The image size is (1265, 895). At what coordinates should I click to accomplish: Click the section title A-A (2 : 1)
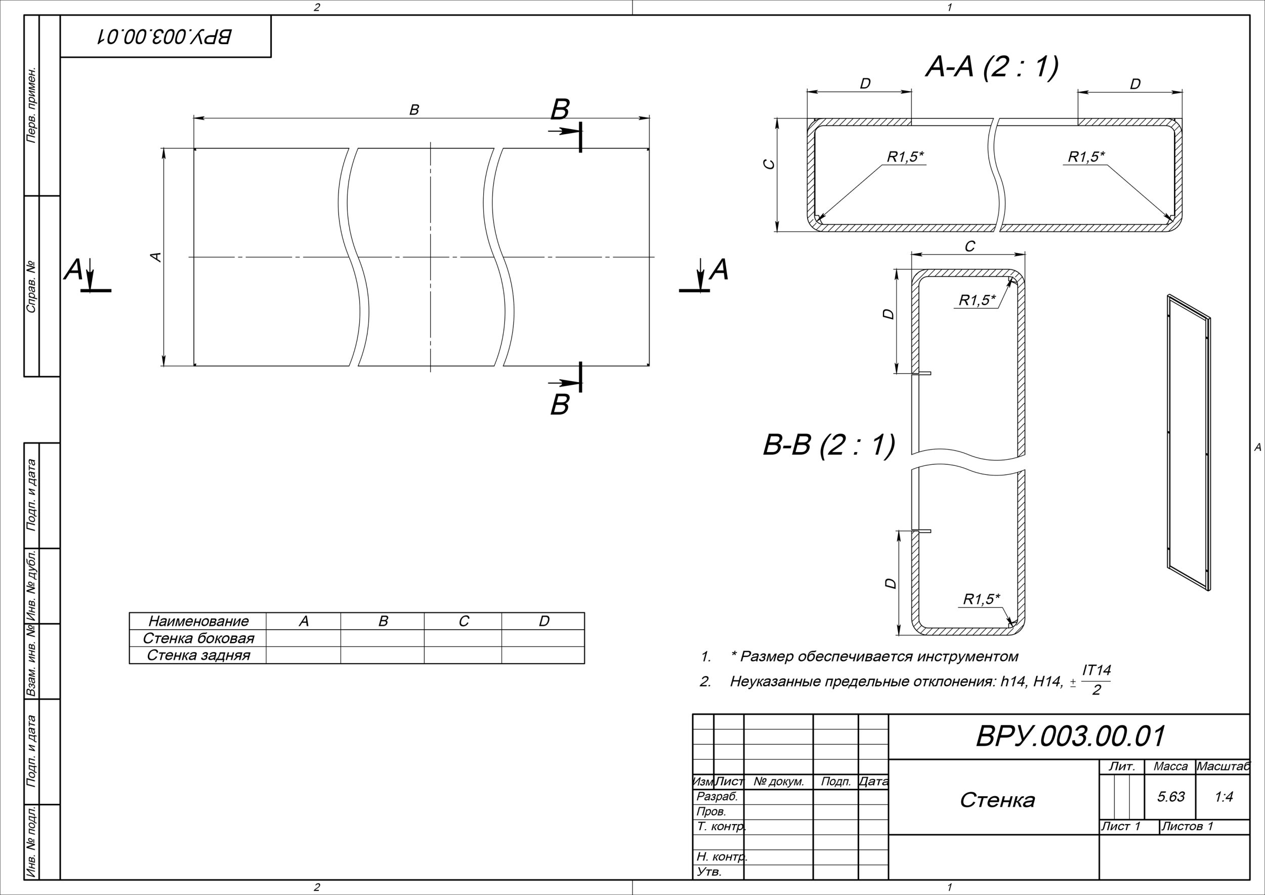[991, 67]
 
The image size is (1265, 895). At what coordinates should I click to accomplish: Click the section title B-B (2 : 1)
[829, 445]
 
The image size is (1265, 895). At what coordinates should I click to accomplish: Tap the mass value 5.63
[1170, 796]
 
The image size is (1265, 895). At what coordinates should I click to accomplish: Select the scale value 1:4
[1223, 796]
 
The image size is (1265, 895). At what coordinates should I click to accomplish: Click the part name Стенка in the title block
[997, 800]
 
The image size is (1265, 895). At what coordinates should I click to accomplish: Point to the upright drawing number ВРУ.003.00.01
[1070, 736]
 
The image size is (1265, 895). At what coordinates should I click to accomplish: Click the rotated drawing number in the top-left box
[165, 36]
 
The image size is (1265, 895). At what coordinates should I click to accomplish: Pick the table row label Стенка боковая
[198, 638]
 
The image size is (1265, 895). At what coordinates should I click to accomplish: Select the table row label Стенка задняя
[198, 655]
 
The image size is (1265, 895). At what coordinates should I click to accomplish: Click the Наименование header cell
[198, 621]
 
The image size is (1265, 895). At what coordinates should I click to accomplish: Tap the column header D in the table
[544, 621]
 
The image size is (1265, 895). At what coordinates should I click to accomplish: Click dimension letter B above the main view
[414, 110]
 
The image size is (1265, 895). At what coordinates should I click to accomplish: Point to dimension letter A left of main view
[156, 257]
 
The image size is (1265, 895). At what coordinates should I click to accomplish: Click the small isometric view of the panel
[1189, 442]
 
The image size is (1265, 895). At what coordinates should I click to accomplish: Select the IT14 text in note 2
[1097, 671]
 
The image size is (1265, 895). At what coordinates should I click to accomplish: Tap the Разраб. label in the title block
[717, 796]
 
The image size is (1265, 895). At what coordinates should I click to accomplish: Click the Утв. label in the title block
[709, 872]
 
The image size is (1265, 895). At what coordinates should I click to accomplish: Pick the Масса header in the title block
[1170, 766]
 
